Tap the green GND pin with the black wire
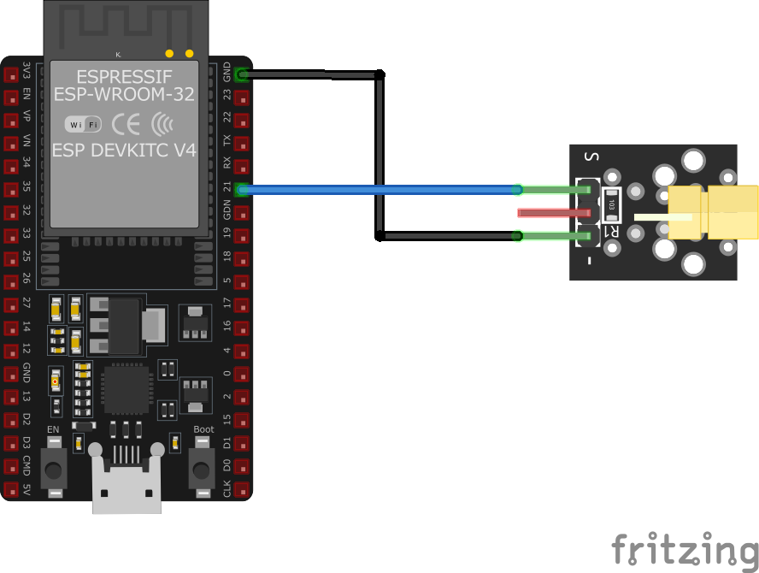pos(243,74)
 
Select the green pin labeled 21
pos(243,190)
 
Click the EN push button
pos(55,469)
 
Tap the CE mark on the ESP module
pos(126,125)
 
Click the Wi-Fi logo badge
pos(83,125)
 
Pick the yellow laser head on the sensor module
pos(714,212)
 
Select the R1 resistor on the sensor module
pos(612,204)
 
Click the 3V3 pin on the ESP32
pos(11,75)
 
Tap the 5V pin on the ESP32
pos(11,491)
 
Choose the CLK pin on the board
pos(243,491)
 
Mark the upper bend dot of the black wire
pos(379,75)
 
